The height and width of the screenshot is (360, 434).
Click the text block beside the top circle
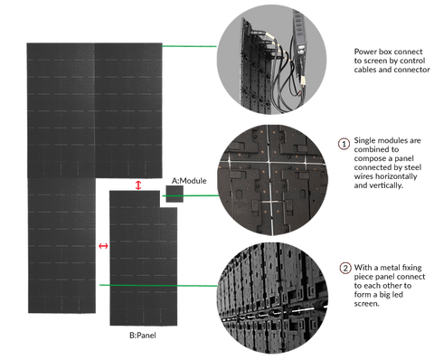pyautogui.click(x=390, y=61)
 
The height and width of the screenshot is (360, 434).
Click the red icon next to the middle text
pyautogui.click(x=343, y=142)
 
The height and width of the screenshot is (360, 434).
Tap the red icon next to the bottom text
pyautogui.click(x=343, y=267)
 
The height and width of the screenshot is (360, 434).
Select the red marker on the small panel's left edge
pyautogui.click(x=103, y=244)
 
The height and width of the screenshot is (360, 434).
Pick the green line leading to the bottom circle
pyautogui.click(x=181, y=285)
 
